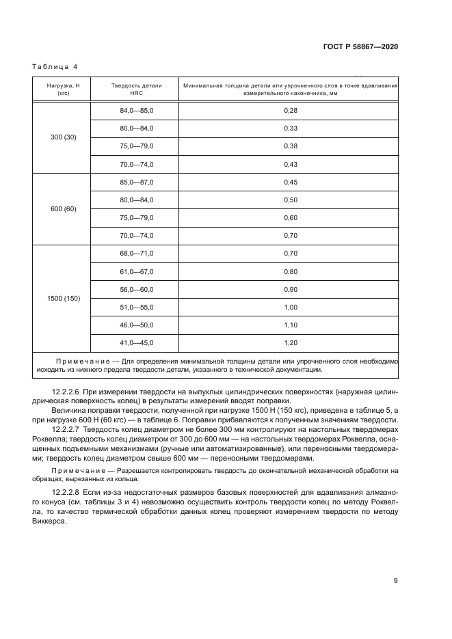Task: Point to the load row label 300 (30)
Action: coord(64,137)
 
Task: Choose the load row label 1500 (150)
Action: coord(64,299)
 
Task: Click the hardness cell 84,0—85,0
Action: coord(137,110)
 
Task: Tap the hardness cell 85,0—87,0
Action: coord(137,182)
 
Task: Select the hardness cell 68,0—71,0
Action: coord(137,254)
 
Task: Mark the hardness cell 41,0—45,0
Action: coord(137,343)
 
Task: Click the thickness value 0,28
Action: coord(290,110)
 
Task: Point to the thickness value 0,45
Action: coord(290,182)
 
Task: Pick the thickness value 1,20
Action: coord(290,343)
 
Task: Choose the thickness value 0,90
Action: coord(290,289)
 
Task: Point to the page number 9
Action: coord(395,582)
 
